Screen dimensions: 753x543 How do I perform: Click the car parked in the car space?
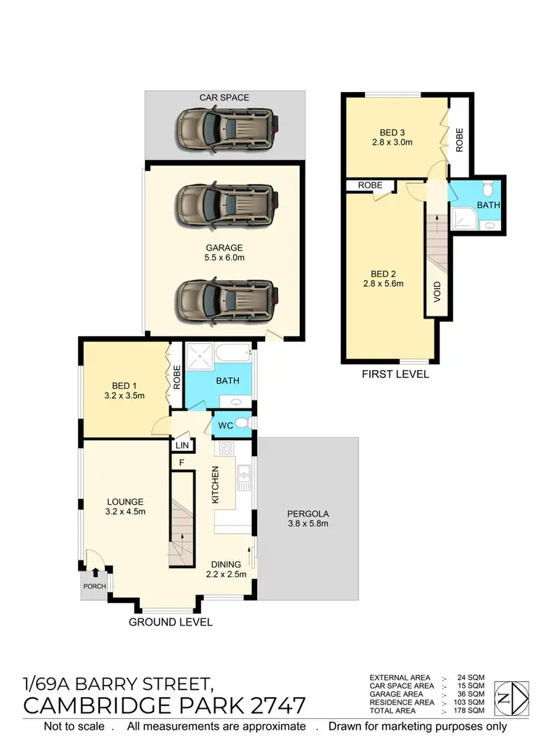tap(225, 130)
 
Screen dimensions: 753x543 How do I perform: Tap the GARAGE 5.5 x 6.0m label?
tap(224, 252)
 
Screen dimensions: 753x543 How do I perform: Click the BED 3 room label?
tap(392, 138)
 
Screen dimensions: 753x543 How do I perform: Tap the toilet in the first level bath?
tap(487, 190)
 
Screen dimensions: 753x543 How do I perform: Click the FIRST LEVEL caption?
tap(395, 374)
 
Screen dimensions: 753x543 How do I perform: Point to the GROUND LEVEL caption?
tap(170, 622)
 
